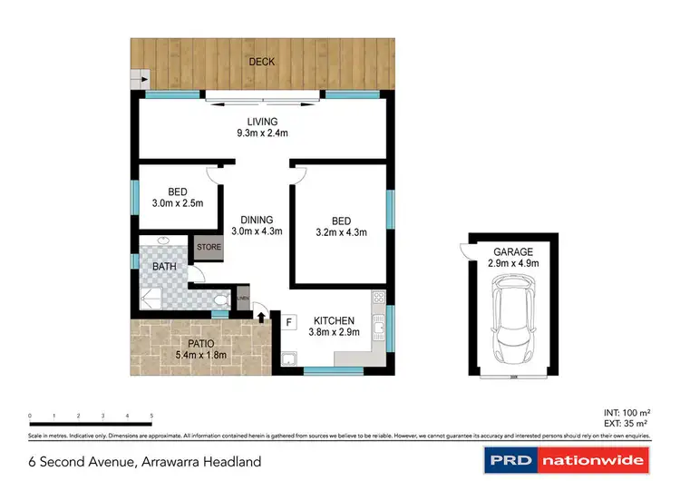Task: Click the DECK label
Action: [262, 63]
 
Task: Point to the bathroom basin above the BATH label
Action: [163, 241]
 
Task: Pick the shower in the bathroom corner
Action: [151, 298]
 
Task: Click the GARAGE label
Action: [514, 251]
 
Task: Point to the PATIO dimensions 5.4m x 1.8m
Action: [200, 355]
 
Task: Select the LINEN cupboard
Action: [242, 299]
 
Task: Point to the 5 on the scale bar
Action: [151, 416]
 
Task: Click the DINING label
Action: [257, 219]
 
